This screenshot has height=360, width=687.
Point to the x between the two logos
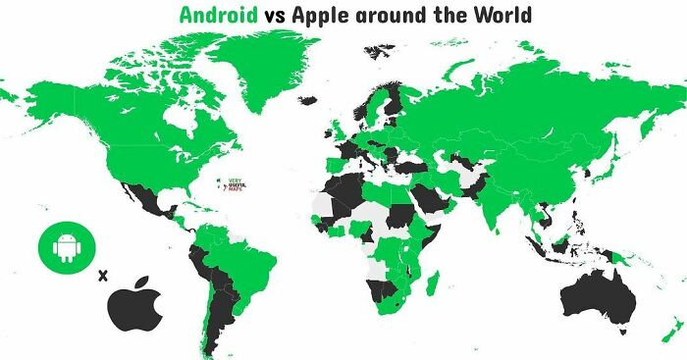coord(100,275)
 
